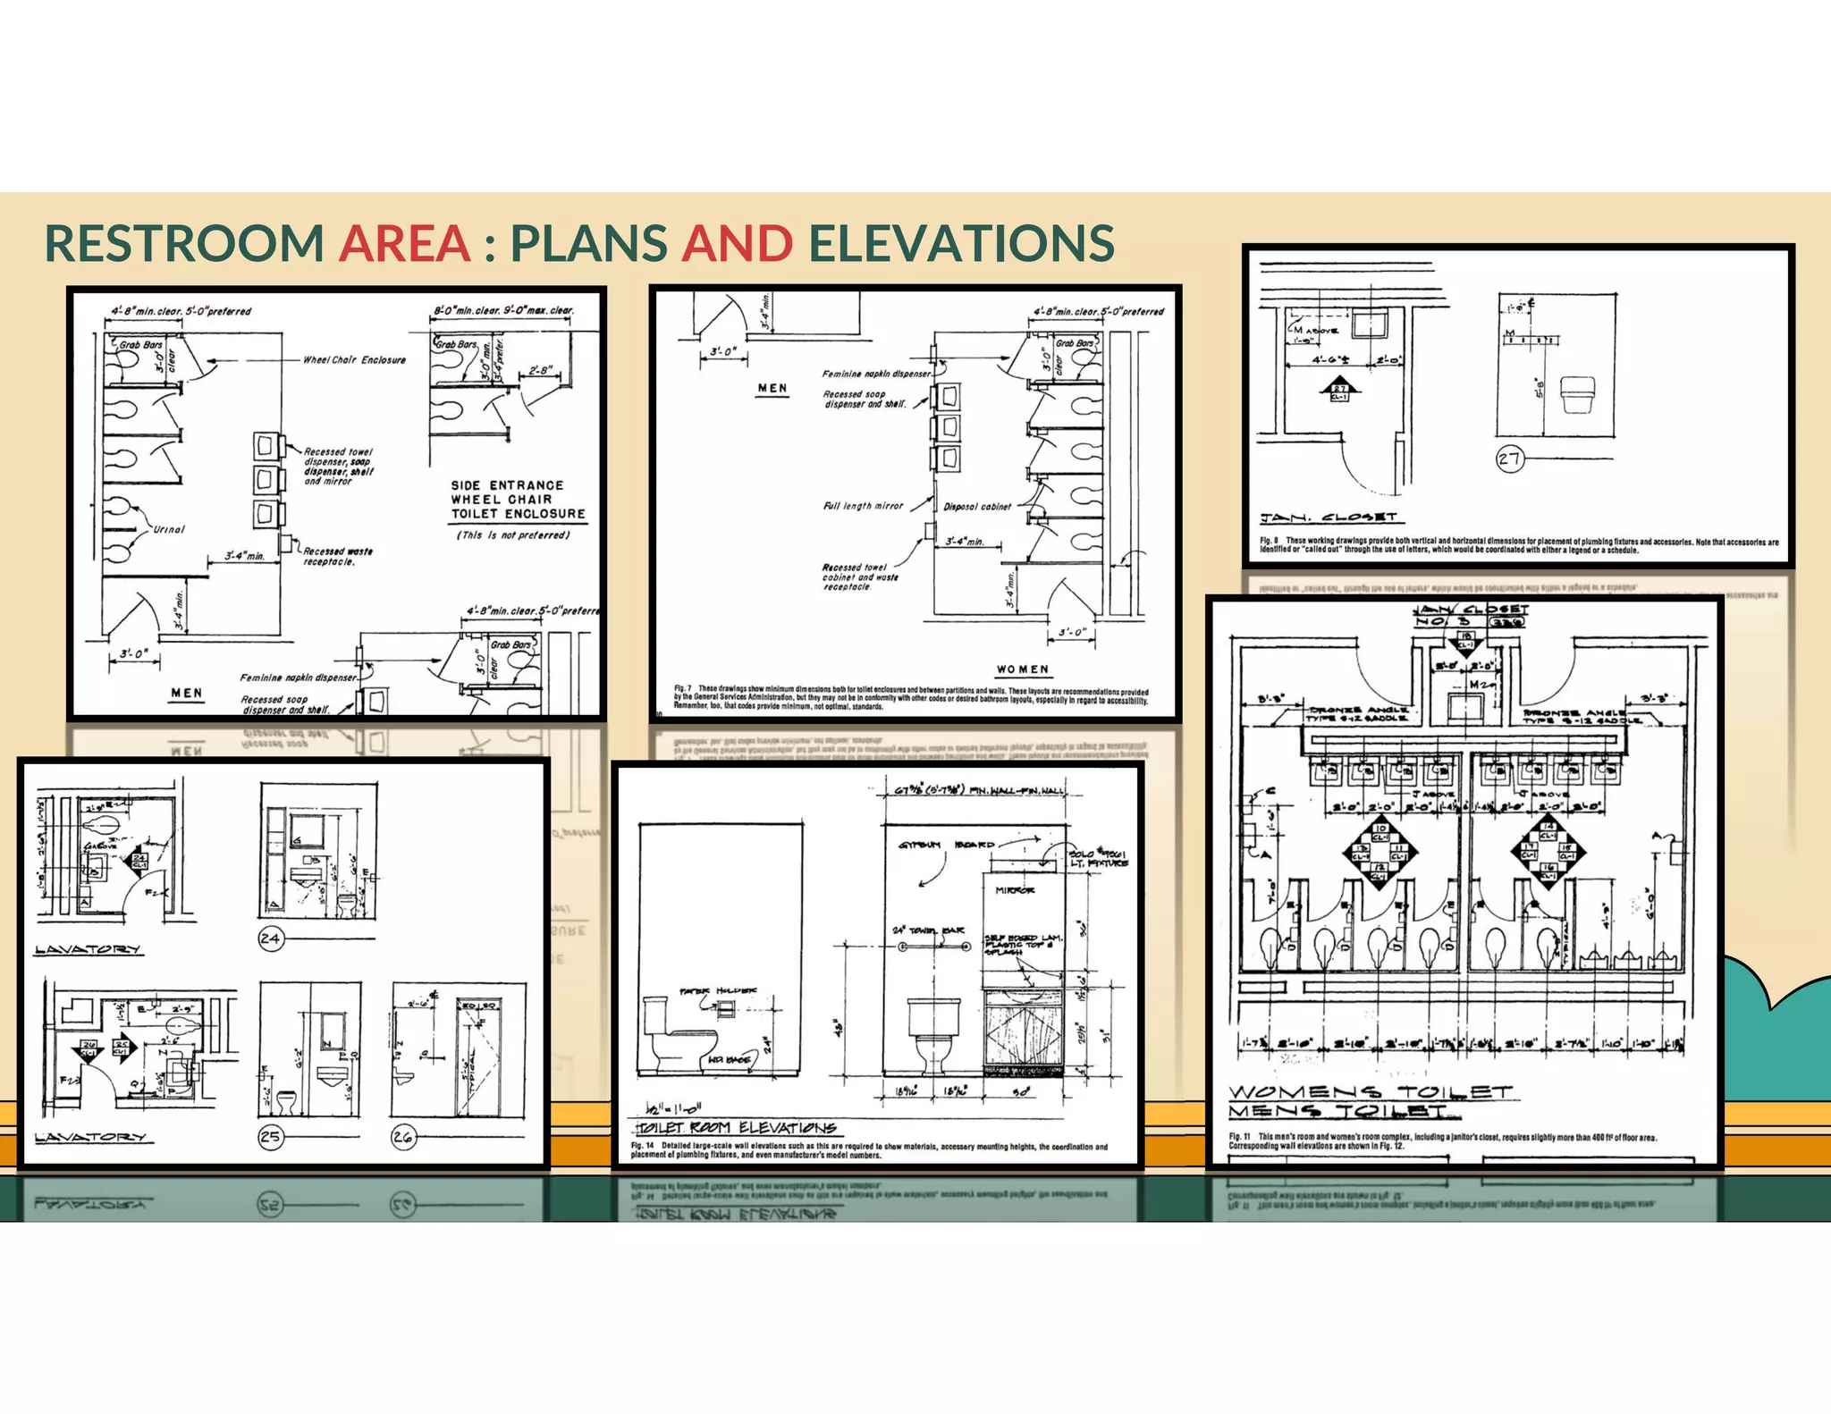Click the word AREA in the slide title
[x=404, y=243]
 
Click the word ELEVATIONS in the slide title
[x=961, y=243]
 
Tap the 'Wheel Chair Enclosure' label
[x=354, y=360]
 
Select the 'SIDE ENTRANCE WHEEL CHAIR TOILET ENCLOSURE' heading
[x=518, y=500]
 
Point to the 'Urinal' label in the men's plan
[x=169, y=529]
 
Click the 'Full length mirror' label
[x=863, y=506]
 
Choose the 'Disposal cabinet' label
[x=977, y=507]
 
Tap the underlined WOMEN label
[x=1023, y=669]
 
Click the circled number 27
[x=1509, y=459]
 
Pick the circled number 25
[x=270, y=1137]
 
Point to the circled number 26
[x=403, y=1137]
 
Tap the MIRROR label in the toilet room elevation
[x=1015, y=890]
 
